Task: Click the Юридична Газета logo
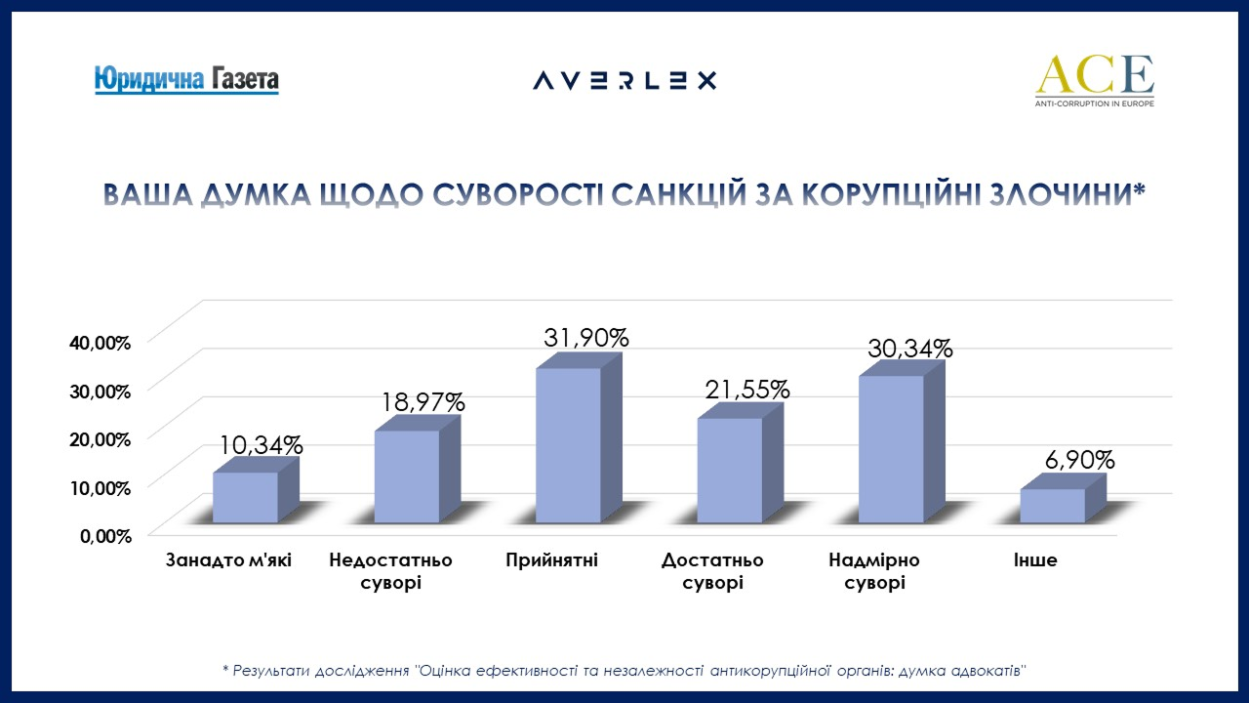click(x=186, y=79)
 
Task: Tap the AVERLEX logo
click(x=624, y=80)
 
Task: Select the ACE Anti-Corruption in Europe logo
click(x=1094, y=80)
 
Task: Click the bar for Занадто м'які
click(x=245, y=497)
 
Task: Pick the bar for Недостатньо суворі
click(x=407, y=476)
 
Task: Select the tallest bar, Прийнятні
click(x=568, y=444)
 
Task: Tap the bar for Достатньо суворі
click(x=730, y=470)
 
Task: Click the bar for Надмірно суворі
click(x=891, y=448)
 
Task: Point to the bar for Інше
click(x=1052, y=505)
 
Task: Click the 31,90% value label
click(x=585, y=338)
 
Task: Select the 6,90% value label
click(x=1071, y=460)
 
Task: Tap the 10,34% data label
click(x=262, y=445)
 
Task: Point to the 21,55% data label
click(x=747, y=389)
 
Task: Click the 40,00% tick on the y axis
click(x=100, y=343)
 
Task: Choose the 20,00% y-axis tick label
click(x=100, y=438)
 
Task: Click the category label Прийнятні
click(x=551, y=560)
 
